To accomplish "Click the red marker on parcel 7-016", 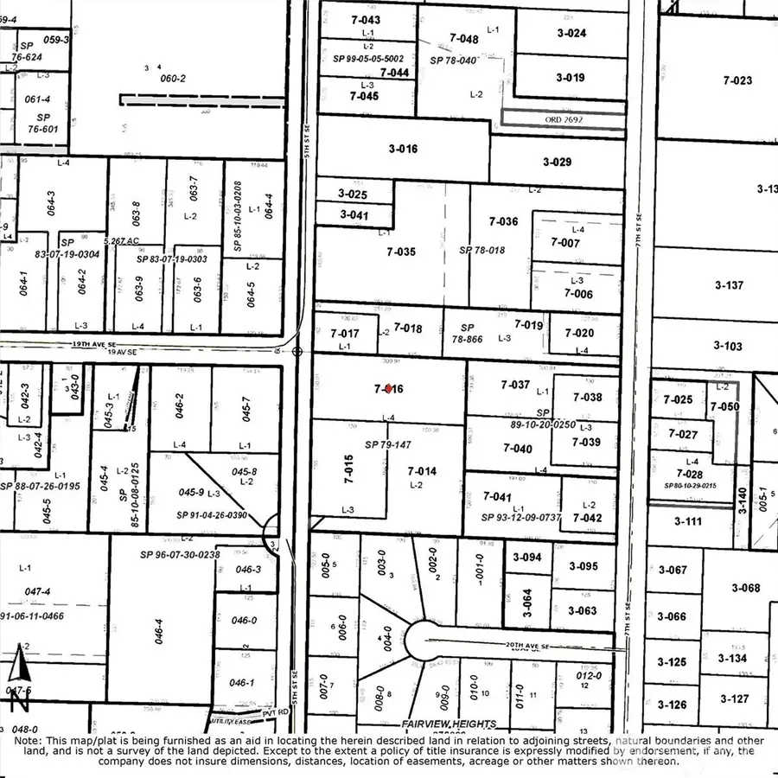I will pyautogui.click(x=390, y=389).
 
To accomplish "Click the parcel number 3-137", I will pyautogui.click(x=729, y=285).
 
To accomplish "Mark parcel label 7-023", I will pyautogui.click(x=737, y=80).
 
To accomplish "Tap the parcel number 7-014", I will pyautogui.click(x=422, y=471).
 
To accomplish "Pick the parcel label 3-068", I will pyautogui.click(x=744, y=588).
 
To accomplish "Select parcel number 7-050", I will pyautogui.click(x=724, y=406).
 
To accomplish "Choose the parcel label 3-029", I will pyautogui.click(x=557, y=162).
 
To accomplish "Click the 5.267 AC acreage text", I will pyautogui.click(x=122, y=241).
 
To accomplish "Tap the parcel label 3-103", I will pyautogui.click(x=728, y=346).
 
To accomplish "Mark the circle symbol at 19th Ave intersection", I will pyautogui.click(x=297, y=352).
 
